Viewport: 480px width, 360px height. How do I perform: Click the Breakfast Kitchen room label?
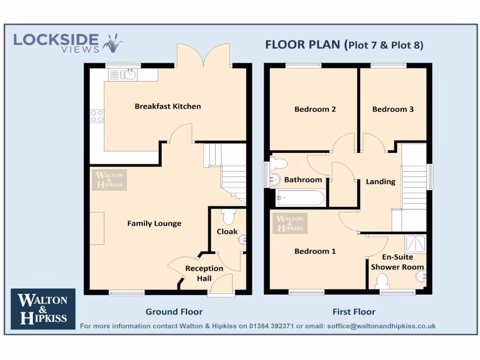pyautogui.click(x=168, y=106)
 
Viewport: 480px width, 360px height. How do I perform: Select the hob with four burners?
pyautogui.click(x=97, y=116)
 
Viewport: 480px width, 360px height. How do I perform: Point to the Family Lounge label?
pyautogui.click(x=154, y=224)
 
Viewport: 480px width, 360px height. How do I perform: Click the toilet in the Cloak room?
pyautogui.click(x=229, y=217)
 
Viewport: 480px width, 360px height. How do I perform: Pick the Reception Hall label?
pyautogui.click(x=204, y=273)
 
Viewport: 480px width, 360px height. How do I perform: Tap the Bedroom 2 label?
pyautogui.click(x=315, y=109)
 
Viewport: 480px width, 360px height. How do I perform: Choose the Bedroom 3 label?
pyautogui.click(x=393, y=109)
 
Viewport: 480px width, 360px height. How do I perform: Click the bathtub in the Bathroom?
pyautogui.click(x=300, y=198)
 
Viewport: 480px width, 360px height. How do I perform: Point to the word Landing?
pyautogui.click(x=381, y=181)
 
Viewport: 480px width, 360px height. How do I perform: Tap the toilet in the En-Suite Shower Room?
pyautogui.click(x=382, y=281)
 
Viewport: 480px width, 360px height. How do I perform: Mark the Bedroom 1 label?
pyautogui.click(x=315, y=251)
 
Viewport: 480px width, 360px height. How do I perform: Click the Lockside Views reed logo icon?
pyautogui.click(x=113, y=43)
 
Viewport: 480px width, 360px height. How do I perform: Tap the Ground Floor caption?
pyautogui.click(x=174, y=312)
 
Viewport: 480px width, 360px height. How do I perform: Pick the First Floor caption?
pyautogui.click(x=354, y=312)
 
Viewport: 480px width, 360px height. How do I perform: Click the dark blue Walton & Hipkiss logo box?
pyautogui.click(x=43, y=309)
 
